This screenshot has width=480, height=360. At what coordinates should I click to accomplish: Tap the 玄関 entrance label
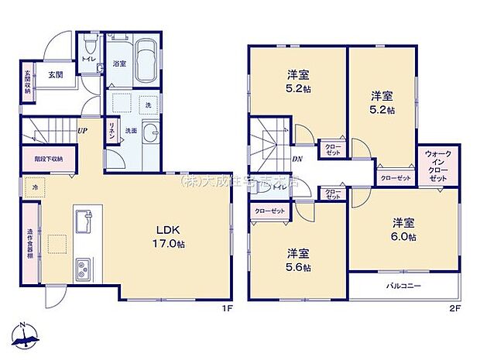click(x=55, y=75)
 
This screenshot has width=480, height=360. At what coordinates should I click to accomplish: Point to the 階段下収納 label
click(x=49, y=159)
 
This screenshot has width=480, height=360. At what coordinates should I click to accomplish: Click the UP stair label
click(x=81, y=130)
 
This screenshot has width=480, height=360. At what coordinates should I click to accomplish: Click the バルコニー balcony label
click(x=403, y=286)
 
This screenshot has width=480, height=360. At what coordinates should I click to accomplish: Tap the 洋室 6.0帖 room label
click(x=403, y=230)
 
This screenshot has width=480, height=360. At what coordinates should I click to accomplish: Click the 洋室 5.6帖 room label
click(x=298, y=259)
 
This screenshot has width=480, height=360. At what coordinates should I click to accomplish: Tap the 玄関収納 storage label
click(x=27, y=82)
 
